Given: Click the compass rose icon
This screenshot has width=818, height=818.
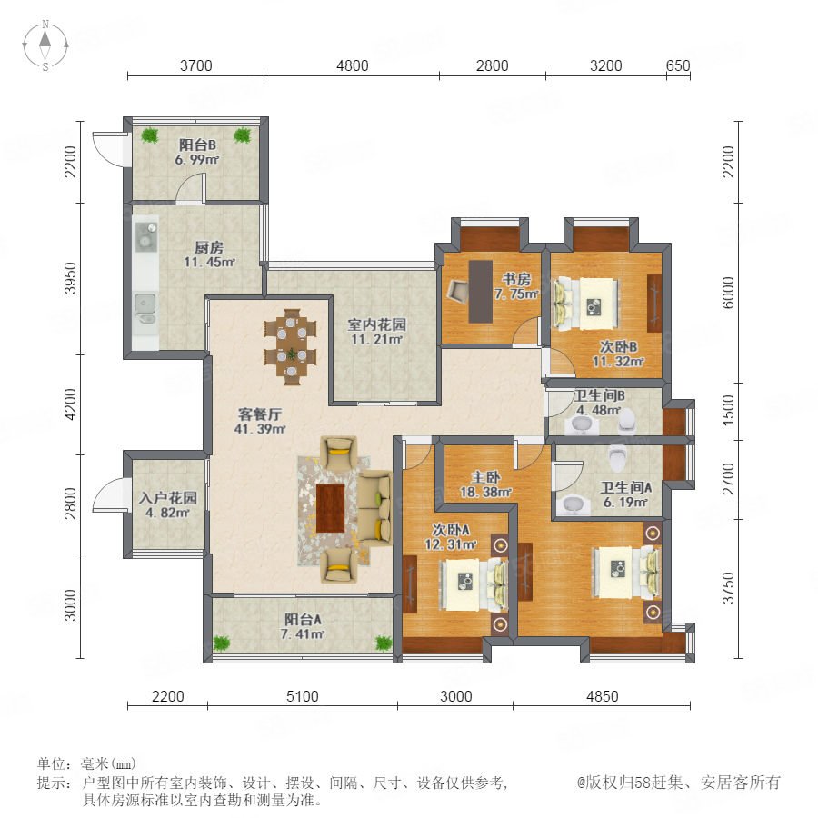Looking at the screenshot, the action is [45, 45].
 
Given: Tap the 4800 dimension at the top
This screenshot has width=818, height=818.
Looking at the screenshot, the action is [352, 65].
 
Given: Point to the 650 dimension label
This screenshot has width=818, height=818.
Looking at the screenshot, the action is [678, 65].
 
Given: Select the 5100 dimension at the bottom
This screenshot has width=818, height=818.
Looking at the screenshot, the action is [303, 696].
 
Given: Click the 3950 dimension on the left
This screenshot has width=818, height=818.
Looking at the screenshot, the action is [70, 279].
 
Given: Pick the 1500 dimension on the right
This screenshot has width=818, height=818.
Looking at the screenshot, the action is [728, 410].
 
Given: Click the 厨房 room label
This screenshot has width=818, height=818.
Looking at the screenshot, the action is [209, 247].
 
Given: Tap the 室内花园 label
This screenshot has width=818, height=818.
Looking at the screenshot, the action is [376, 325].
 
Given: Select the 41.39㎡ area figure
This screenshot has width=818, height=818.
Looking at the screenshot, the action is [260, 429].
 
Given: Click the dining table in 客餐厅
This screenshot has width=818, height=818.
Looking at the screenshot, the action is [292, 347].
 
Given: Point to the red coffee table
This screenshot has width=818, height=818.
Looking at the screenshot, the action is [330, 508].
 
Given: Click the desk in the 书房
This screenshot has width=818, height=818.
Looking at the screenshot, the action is [481, 291].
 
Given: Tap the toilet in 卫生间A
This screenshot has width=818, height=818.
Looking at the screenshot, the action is [617, 457].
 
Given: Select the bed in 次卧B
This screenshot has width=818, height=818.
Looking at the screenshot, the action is [586, 304].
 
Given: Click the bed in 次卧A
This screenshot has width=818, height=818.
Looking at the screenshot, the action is [474, 584].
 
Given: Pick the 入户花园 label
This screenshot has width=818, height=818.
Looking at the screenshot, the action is [168, 498].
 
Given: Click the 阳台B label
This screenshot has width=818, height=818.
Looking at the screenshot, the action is [198, 145].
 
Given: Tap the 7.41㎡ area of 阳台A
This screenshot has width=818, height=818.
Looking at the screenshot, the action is [303, 634].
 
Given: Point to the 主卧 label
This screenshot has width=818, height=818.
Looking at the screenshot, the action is [485, 477].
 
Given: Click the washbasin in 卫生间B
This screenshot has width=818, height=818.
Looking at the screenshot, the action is [582, 425].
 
